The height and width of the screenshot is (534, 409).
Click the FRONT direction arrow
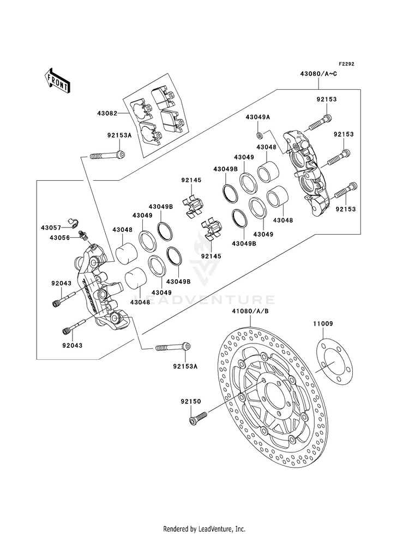(57, 81)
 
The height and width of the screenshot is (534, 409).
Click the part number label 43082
(107, 113)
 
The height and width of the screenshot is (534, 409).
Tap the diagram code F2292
(347, 64)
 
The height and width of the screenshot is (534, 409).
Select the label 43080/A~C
(318, 73)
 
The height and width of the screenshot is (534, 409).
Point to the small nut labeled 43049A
(260, 136)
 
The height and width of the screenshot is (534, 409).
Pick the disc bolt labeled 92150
(197, 418)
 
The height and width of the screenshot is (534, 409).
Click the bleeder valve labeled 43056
(82, 236)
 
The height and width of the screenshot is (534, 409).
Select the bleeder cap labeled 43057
(73, 222)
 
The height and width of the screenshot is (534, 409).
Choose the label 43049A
(257, 117)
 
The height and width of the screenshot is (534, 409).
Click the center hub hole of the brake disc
(276, 398)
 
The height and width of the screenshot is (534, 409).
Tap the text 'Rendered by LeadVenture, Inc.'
(204, 529)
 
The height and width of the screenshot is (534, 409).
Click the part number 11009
(323, 323)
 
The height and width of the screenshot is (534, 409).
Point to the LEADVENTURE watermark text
(204, 300)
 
